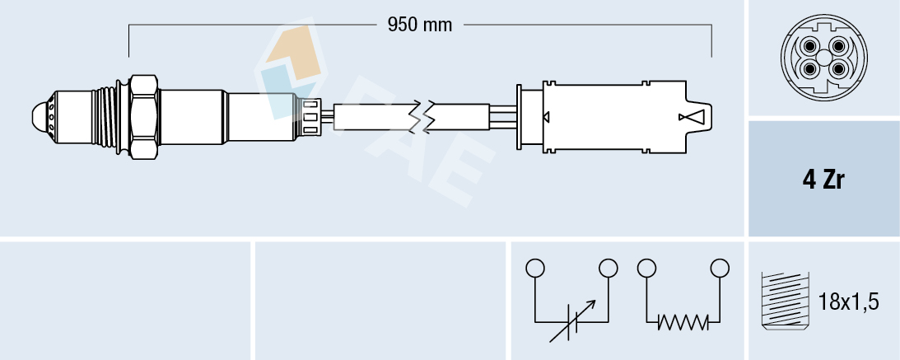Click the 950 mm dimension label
coord(420,25)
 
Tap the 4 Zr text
coord(823,180)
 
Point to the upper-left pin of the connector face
coord(810,46)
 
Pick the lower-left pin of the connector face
coord(810,68)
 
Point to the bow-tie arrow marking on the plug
coord(691,118)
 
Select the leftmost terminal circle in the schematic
coord(535,268)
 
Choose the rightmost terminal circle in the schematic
coord(720,268)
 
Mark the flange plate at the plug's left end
coord(520,116)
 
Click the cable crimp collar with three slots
coord(311,116)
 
